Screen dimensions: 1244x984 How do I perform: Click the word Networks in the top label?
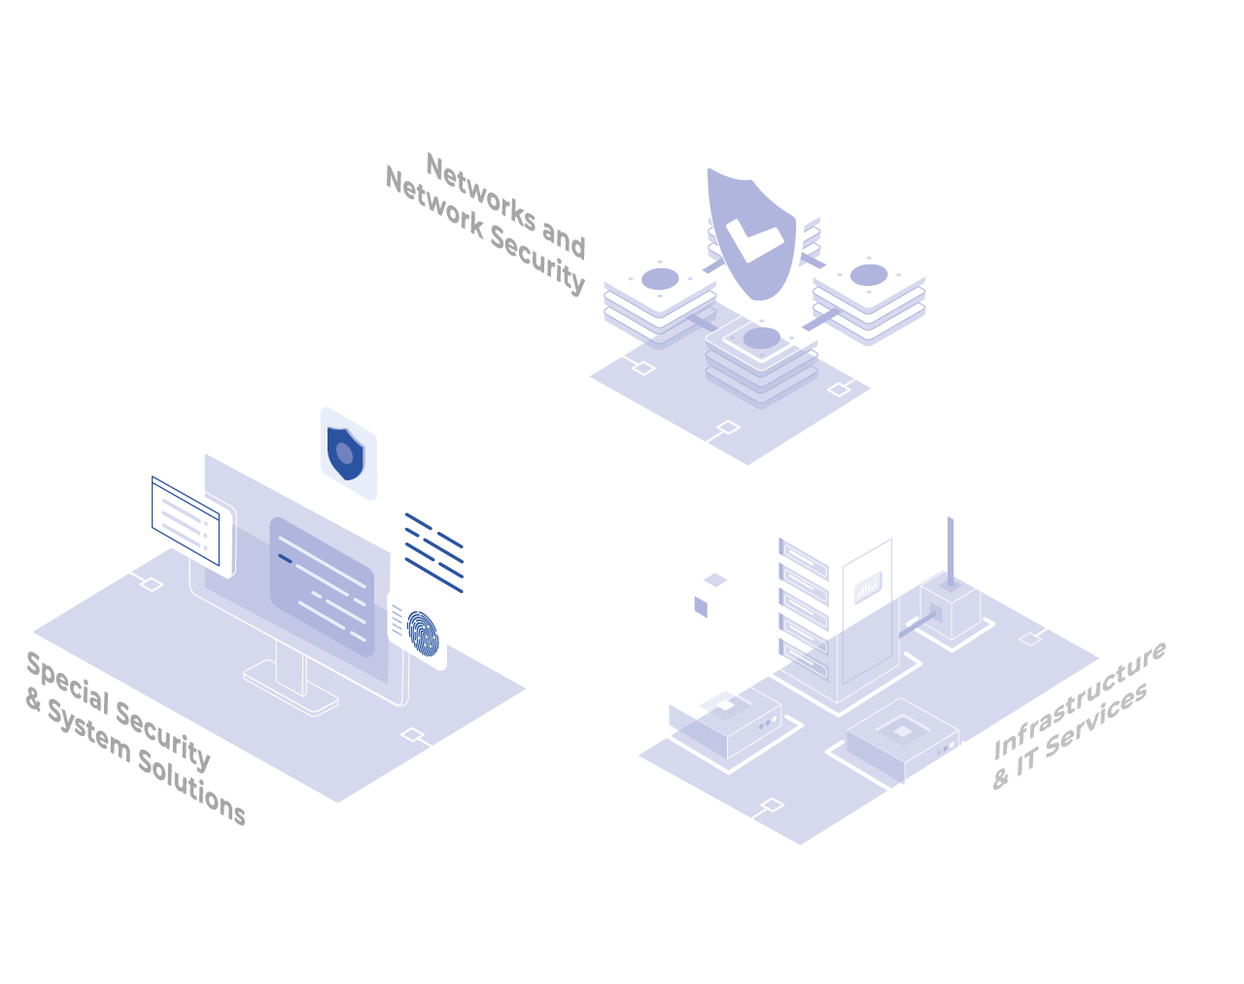point(481,193)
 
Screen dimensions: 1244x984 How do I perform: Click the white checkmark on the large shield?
point(754,239)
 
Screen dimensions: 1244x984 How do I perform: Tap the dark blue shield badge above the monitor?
point(346,453)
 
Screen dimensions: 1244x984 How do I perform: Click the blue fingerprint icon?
point(423,633)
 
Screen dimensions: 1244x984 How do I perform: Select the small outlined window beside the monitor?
point(186,520)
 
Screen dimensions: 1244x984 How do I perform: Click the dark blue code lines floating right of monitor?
point(434,552)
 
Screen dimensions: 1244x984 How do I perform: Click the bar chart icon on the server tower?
point(868,587)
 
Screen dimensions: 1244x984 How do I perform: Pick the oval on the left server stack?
point(660,279)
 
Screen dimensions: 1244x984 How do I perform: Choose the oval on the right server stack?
point(868,275)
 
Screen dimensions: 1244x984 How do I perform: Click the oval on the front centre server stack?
point(761,338)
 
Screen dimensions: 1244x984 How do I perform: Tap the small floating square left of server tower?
point(701,607)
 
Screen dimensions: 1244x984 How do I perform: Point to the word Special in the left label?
point(68,684)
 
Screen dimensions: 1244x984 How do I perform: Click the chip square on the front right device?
point(902,732)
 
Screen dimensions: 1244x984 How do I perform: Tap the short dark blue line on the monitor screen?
point(285,558)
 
